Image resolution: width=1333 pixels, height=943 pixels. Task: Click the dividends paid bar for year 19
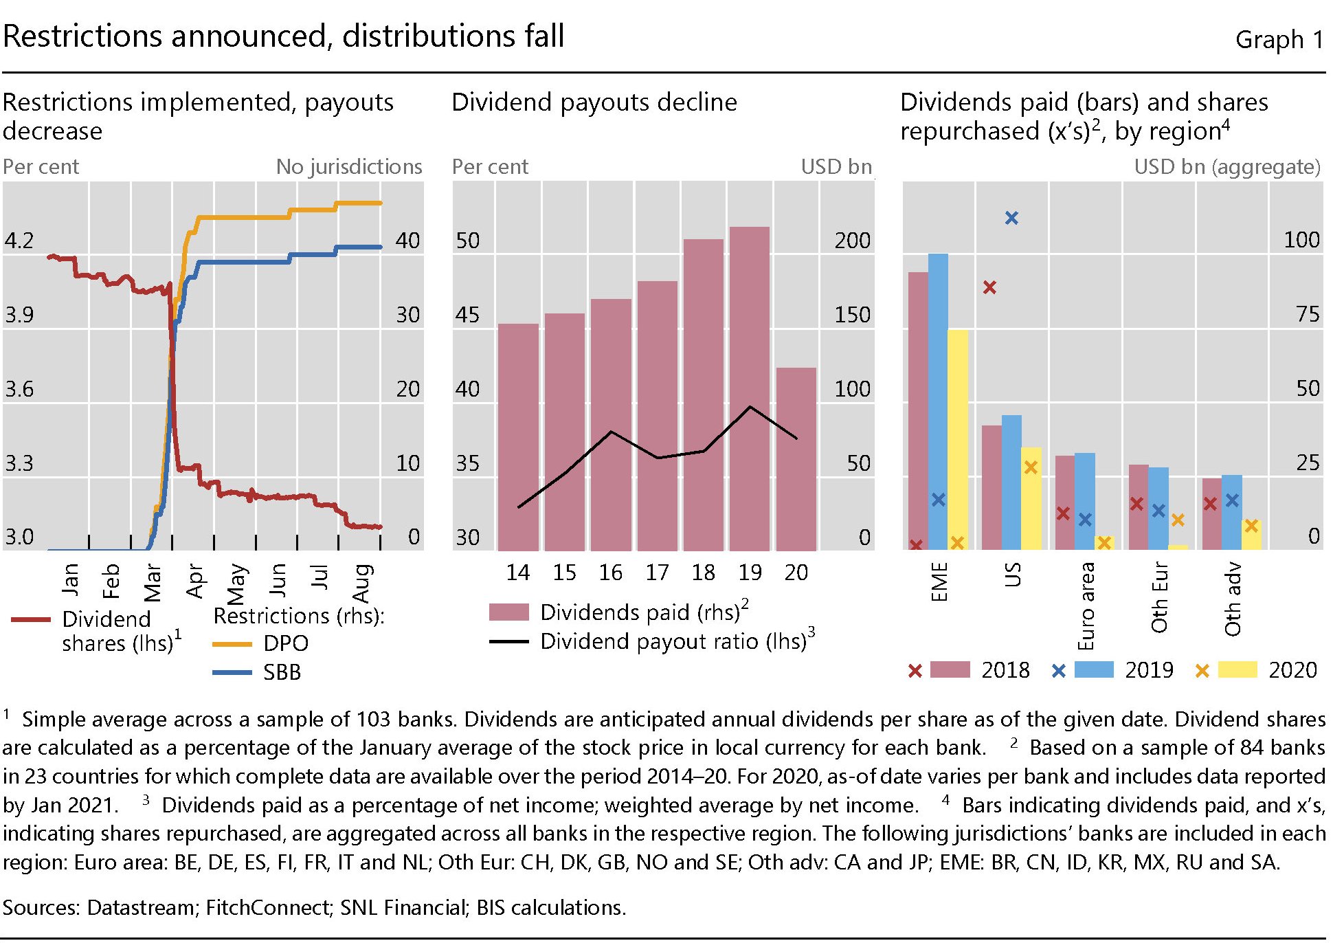pyautogui.click(x=749, y=388)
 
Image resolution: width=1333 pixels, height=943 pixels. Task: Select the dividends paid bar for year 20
pyautogui.click(x=796, y=459)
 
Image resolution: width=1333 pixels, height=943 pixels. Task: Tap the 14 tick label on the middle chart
pyautogui.click(x=517, y=573)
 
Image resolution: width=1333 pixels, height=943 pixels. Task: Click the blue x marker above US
pyautogui.click(x=1011, y=218)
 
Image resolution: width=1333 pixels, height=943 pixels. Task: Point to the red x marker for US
pyautogui.click(x=989, y=287)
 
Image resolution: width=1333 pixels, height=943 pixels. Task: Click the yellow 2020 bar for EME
pyautogui.click(x=958, y=440)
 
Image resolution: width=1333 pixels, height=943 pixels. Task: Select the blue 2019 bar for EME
pyautogui.click(x=938, y=402)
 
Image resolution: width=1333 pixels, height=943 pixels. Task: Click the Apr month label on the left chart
pyautogui.click(x=194, y=581)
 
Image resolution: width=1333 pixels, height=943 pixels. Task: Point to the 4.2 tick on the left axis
pyautogui.click(x=19, y=241)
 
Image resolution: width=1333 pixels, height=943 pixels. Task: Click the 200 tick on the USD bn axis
pyautogui.click(x=852, y=241)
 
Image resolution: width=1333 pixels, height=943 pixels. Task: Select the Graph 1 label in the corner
pyautogui.click(x=1279, y=40)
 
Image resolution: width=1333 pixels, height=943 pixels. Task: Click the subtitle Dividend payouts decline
pyautogui.click(x=594, y=102)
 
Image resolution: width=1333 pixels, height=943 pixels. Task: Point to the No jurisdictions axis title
pyautogui.click(x=348, y=167)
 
